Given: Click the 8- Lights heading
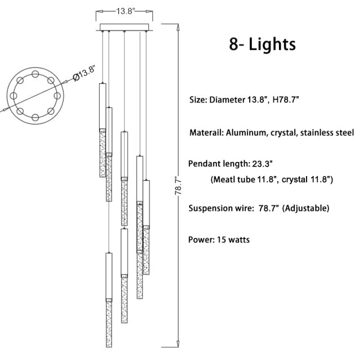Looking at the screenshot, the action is tap(263, 44).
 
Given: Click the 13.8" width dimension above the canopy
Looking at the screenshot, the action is tap(125, 11).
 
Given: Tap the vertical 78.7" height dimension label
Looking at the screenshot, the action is tap(178, 186).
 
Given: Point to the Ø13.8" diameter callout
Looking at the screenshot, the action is tap(84, 73).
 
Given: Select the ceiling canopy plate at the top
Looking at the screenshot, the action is tap(124, 27).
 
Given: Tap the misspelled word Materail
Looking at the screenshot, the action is tap(206, 133).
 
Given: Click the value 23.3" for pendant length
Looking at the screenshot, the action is tap(262, 164).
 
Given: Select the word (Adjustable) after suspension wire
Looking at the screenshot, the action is tap(305, 208).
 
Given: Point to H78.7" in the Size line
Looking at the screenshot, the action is tap(286, 100).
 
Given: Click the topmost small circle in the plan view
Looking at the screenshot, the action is tap(35, 74).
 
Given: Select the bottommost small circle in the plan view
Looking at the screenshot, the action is tap(35, 118).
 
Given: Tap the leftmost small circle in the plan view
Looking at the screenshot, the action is tap(13, 96).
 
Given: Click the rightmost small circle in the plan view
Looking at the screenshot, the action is tap(57, 96).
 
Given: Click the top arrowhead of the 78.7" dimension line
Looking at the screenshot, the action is tap(177, 28).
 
